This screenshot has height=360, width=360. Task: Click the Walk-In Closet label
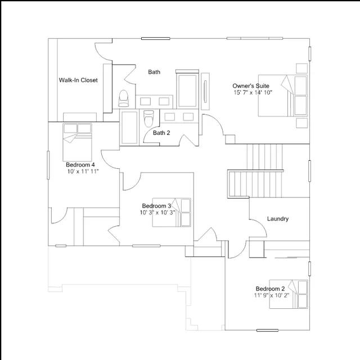pyautogui.click(x=78, y=80)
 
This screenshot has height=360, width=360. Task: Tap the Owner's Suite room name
pyautogui.click(x=251, y=86)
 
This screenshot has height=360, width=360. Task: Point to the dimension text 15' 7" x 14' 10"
pyautogui.click(x=253, y=92)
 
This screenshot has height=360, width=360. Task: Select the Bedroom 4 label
pyautogui.click(x=80, y=165)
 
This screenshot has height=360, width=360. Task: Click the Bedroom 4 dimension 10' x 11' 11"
pyautogui.click(x=83, y=171)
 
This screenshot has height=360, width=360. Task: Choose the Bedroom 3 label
pyautogui.click(x=156, y=206)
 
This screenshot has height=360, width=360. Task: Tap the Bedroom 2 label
pyautogui.click(x=270, y=289)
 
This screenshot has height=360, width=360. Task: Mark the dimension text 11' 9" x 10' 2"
pyautogui.click(x=271, y=295)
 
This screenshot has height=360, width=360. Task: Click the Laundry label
pyautogui.click(x=277, y=219)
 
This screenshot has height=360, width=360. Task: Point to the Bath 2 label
pyautogui.click(x=161, y=133)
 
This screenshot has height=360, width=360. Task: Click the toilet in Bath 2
pyautogui.click(x=148, y=118)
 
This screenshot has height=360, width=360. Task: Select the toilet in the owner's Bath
pyautogui.click(x=124, y=98)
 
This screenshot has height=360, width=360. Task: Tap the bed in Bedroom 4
pyautogui.click(x=78, y=142)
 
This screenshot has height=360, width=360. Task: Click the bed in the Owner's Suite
pyautogui.click(x=283, y=96)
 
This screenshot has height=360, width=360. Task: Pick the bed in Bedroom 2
pyautogui.click(x=289, y=294)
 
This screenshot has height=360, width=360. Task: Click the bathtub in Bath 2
pyautogui.click(x=129, y=127)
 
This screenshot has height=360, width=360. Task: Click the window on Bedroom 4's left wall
pyautogui.click(x=48, y=165)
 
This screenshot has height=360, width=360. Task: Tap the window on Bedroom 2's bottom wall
pyautogui.click(x=267, y=330)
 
